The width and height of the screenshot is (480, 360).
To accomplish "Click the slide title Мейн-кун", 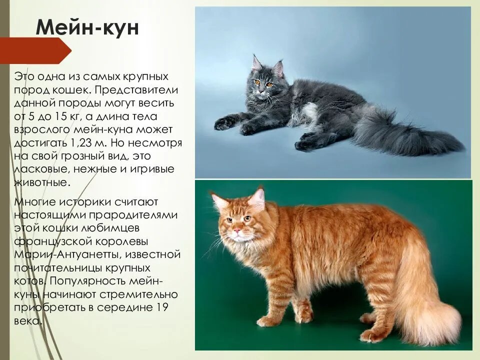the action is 87,27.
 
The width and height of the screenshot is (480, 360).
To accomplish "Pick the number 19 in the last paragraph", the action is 162,307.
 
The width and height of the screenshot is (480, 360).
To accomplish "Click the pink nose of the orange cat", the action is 236,230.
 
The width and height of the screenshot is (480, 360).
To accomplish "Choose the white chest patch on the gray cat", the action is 306,113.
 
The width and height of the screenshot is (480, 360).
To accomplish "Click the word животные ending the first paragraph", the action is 42,183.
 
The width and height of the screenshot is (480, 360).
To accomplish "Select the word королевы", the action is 122,242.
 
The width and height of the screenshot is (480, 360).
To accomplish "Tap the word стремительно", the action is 138,294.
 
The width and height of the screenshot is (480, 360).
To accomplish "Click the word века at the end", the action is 27,321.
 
